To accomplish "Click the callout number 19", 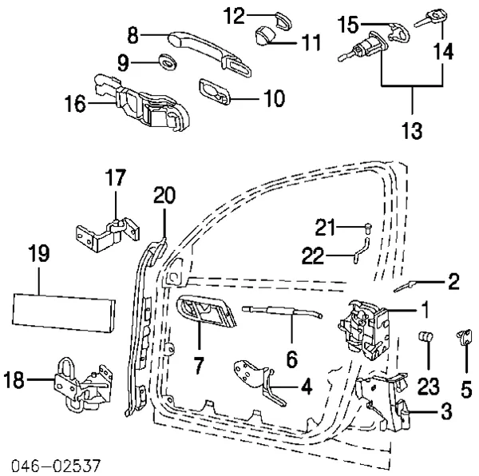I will click(x=38, y=255).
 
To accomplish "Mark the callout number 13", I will click(x=413, y=130).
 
